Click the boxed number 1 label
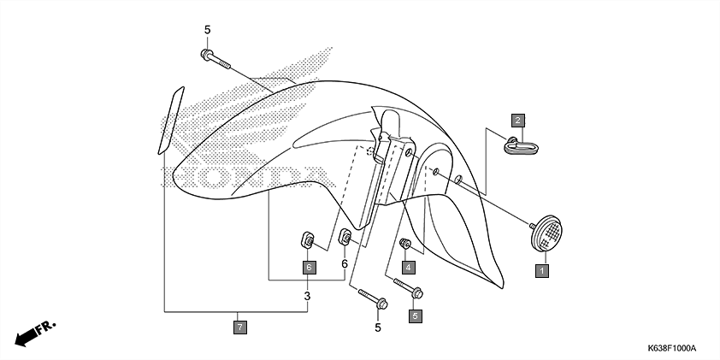coord(540,271)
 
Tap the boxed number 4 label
coord(409,267)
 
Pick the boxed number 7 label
coord(240,325)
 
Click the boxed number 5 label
coord(416,316)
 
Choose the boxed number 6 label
coord(307,267)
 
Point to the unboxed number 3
coord(307,296)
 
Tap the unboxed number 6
coord(345,264)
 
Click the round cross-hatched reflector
coord(546,233)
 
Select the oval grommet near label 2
coord(520,148)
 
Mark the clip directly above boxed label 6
coord(307,239)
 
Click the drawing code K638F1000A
coord(671,349)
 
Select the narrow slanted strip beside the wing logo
coord(170,120)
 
